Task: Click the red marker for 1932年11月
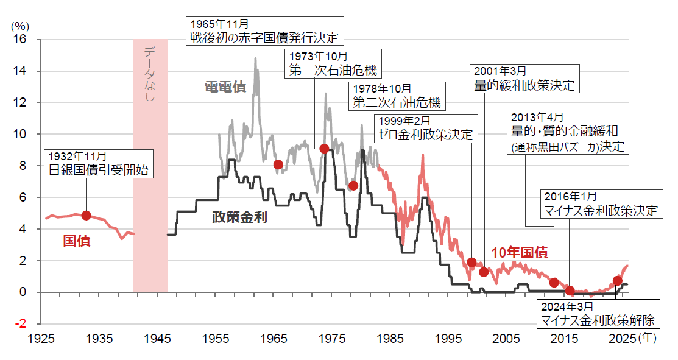(86, 215)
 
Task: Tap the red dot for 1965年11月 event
(278, 164)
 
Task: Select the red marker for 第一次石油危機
(325, 149)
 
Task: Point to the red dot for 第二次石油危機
(353, 185)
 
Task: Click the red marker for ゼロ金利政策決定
(471, 262)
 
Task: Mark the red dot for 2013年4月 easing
(554, 282)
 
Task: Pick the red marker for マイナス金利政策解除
(617, 281)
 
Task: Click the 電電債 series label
(225, 87)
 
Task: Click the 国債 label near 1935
(77, 241)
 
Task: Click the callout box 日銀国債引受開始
(99, 164)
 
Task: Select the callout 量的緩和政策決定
(524, 79)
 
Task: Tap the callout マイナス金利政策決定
(601, 203)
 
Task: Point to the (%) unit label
(20, 26)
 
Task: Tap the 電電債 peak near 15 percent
(255, 58)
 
